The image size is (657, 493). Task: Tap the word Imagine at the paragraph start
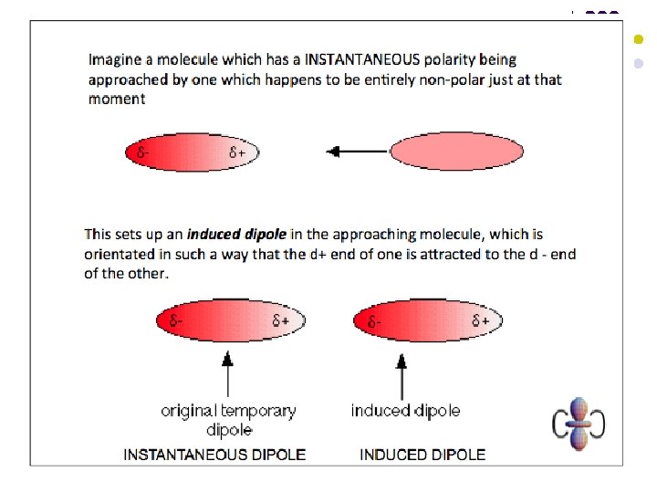(116, 59)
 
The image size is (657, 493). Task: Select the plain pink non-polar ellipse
(456, 152)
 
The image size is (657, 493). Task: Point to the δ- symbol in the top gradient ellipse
(143, 152)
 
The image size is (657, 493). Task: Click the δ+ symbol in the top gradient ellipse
(237, 152)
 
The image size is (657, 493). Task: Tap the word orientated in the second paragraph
(123, 254)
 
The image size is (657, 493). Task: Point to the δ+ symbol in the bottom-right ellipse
(481, 321)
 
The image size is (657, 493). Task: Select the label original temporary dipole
(228, 420)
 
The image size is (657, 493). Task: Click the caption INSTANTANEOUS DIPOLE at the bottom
(214, 454)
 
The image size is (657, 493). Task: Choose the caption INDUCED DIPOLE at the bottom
(422, 454)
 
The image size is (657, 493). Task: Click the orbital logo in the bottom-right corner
(578, 424)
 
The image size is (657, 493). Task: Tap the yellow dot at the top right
(639, 39)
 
